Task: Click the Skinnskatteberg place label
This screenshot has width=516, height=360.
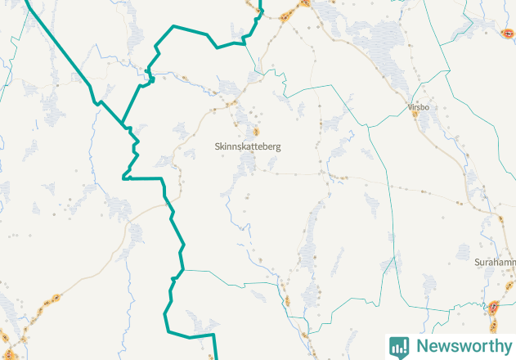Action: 247,146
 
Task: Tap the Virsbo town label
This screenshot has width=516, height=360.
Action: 418,107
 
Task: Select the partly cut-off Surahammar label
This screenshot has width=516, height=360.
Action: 496,262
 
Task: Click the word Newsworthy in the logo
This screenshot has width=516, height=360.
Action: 462,346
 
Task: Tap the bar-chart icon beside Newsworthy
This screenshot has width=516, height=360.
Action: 399,346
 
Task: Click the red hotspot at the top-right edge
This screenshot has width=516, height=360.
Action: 509,33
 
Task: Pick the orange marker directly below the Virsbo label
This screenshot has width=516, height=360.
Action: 415,115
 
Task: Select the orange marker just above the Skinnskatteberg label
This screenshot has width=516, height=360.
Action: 255,131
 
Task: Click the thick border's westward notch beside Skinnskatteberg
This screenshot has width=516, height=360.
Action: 123,177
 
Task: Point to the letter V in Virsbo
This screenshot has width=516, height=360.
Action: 409,107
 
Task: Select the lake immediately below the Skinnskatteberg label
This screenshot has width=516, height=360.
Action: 245,164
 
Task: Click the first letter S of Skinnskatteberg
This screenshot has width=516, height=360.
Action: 215,146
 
